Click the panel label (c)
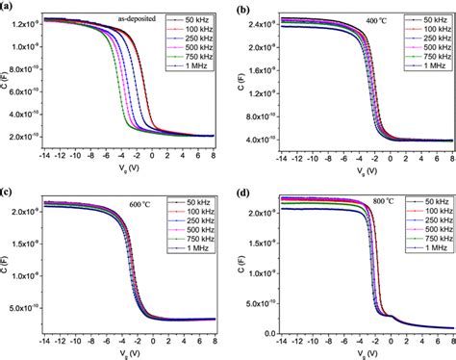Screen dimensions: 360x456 [x=9, y=191]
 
